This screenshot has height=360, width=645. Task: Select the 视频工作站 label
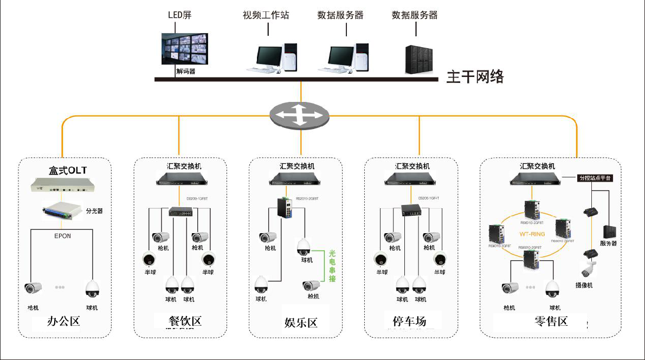pyautogui.click(x=266, y=15)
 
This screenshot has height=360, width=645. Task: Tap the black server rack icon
pyautogui.click(x=420, y=59)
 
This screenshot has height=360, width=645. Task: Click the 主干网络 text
pyautogui.click(x=475, y=77)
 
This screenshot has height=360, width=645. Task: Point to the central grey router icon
pyautogui.click(x=300, y=114)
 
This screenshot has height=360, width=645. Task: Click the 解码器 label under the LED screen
pyautogui.click(x=185, y=71)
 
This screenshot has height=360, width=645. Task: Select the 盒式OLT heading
pyautogui.click(x=68, y=171)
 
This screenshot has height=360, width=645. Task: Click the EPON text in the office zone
pyautogui.click(x=63, y=236)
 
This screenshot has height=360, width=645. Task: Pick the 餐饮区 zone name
pyautogui.click(x=185, y=322)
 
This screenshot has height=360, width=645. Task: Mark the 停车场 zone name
pyautogui.click(x=409, y=321)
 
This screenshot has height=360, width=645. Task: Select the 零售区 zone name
pyautogui.click(x=551, y=322)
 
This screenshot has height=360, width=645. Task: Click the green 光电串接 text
pyautogui.click(x=332, y=266)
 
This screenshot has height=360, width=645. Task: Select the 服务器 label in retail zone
pyautogui.click(x=608, y=243)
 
